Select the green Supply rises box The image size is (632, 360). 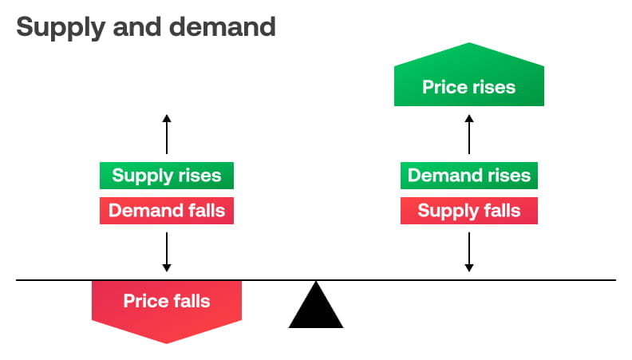click(167, 176)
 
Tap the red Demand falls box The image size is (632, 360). click(167, 211)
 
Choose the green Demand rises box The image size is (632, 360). click(469, 176)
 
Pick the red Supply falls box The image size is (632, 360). click(469, 211)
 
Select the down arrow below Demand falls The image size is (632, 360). click(167, 251)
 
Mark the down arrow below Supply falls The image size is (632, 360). click(469, 251)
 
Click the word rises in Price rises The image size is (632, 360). click(492, 87)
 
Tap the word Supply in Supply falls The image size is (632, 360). click(445, 211)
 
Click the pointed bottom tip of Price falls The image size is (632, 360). click(167, 342)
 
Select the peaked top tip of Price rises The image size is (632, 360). click(469, 45)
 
